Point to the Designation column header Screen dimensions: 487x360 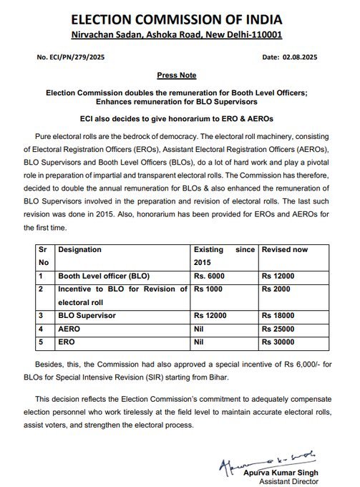(79, 250)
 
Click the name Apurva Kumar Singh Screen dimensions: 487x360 (294, 464)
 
